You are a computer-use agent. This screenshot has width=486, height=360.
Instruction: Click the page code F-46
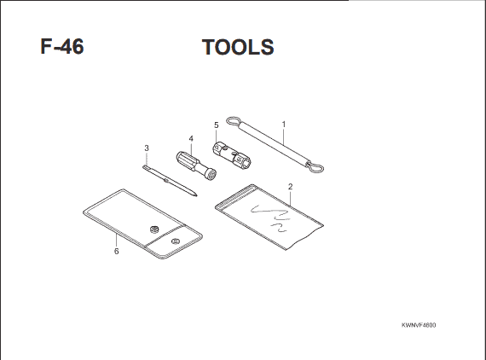coord(62,47)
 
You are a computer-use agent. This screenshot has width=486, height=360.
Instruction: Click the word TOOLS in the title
coord(238,47)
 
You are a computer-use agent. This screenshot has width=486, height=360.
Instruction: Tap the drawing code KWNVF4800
coord(419,325)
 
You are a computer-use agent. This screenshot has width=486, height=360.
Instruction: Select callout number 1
coord(284,125)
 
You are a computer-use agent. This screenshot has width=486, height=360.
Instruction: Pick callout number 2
coord(290,187)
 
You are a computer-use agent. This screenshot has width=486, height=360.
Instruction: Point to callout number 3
coord(147,148)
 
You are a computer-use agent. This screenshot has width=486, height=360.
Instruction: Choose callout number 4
coord(191,138)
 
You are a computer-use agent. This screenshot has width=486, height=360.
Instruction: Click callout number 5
coord(217,125)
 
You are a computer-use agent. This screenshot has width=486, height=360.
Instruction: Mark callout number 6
coord(116,251)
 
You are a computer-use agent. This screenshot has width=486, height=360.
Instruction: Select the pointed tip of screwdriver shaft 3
coord(196,195)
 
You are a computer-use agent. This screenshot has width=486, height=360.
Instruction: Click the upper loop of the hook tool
coord(233,121)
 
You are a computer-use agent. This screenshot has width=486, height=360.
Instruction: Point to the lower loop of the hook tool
coord(315,168)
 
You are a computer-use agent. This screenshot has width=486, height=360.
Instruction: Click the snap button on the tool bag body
coord(154,229)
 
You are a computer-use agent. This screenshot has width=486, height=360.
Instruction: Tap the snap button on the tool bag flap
coord(176,241)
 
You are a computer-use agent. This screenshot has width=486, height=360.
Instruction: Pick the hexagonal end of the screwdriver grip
coord(211,174)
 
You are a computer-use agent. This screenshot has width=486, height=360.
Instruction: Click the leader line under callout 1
coord(283,136)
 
